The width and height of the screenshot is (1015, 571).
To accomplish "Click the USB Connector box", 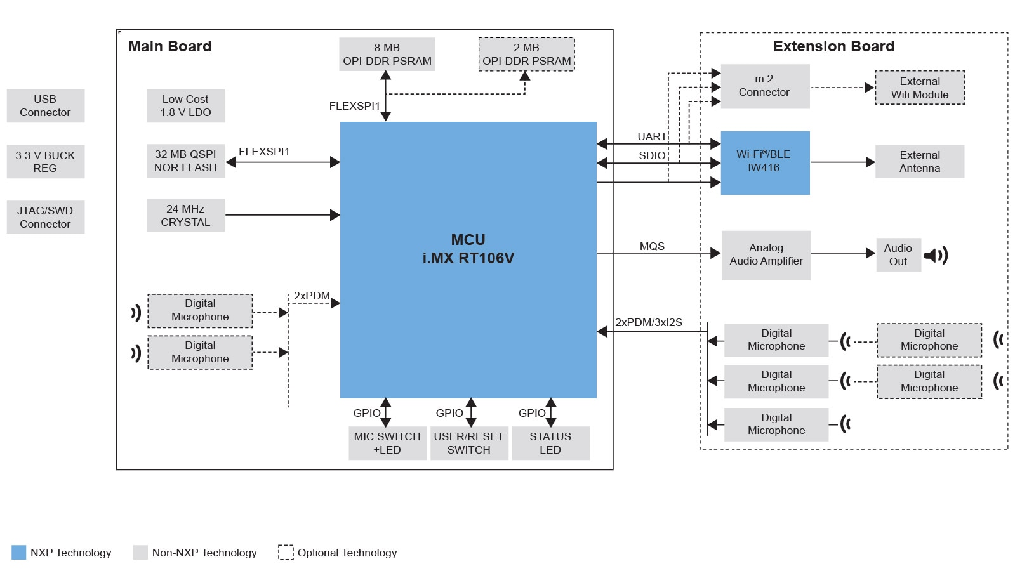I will pos(45,106).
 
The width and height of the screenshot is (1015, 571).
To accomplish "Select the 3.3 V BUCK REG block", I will pos(45,162).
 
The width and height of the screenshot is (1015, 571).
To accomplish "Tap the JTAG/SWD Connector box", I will pos(45,217).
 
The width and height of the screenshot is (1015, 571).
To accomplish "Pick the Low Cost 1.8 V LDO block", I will pos(185,106).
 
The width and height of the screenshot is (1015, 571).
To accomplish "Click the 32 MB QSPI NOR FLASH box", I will pos(185,161).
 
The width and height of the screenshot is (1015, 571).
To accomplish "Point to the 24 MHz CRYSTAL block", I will pos(185,216).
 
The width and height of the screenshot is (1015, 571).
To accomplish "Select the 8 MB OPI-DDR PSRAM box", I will pos(387,55).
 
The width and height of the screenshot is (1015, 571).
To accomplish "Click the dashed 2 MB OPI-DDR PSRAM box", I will pos(526,55).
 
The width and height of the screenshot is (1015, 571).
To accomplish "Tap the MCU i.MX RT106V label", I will pos(468,249).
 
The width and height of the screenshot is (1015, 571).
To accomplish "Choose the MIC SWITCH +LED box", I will pos(387,443).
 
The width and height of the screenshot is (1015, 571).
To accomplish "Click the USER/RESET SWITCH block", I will pos(468,443).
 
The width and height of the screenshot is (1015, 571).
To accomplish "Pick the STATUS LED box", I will pos(550,443).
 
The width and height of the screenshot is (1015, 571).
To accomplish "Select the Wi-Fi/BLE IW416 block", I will pos(765,162).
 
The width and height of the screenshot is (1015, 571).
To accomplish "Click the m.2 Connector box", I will pos(765,86).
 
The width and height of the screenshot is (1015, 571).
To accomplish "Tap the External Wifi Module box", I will pos(920,88).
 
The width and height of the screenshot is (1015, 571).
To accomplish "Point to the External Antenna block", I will pos(920,162).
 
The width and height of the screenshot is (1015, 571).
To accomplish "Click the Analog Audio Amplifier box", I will pos(766,254).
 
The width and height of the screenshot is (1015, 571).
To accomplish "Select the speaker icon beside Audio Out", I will pos(936,256).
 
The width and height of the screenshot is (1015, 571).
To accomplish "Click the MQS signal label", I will pos(652,246).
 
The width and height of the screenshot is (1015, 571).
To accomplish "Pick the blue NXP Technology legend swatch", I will pos(19,552).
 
